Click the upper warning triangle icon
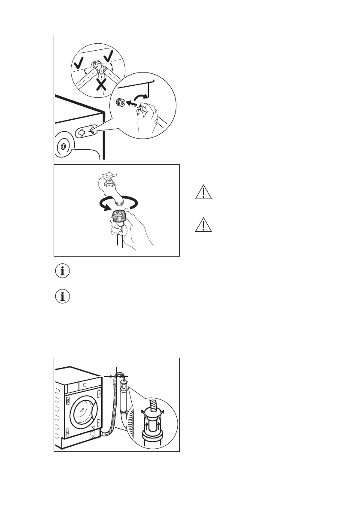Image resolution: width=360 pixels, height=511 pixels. (x=203, y=192)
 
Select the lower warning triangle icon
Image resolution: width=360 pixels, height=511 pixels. (x=203, y=225)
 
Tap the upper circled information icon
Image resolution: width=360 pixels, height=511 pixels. (x=63, y=271)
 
